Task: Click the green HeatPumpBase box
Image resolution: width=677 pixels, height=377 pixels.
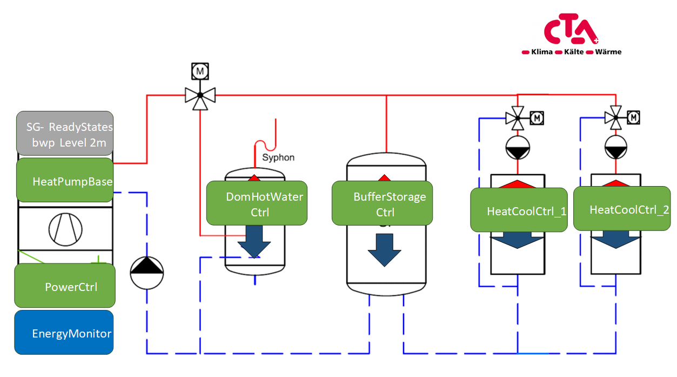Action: point(65,181)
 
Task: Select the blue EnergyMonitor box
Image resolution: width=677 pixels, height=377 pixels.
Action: point(64,333)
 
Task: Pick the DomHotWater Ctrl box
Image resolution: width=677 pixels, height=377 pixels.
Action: point(257,203)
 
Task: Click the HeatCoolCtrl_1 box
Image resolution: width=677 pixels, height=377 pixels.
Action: point(519,210)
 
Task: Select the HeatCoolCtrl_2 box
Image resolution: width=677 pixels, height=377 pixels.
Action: point(621,209)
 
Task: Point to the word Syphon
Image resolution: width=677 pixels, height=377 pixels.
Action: point(278,158)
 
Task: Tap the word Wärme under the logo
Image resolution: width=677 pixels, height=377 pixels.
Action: point(608,52)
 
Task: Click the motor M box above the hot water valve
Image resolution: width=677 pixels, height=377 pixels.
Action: point(200,71)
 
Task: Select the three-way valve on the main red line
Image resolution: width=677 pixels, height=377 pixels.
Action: point(200,96)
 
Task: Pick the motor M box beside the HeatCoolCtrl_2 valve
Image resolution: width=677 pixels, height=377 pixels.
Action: point(634,117)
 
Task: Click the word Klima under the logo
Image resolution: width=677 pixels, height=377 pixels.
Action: point(541,52)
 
